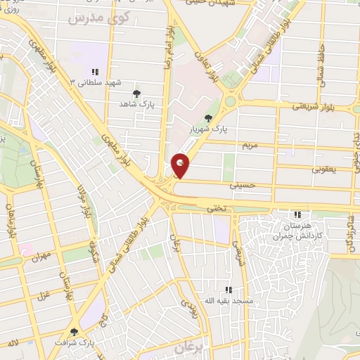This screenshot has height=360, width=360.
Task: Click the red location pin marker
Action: (x=180, y=165)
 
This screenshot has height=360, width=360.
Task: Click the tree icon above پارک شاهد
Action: (x=136, y=93)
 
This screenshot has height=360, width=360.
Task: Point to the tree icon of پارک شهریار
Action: (x=207, y=118)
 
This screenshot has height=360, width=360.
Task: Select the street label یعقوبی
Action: (x=325, y=169)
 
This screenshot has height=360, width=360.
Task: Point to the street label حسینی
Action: (x=240, y=186)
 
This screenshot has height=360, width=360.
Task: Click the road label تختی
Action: (x=214, y=209)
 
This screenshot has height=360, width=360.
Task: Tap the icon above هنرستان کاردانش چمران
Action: (x=297, y=214)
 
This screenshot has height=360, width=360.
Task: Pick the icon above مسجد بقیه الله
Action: (x=228, y=290)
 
